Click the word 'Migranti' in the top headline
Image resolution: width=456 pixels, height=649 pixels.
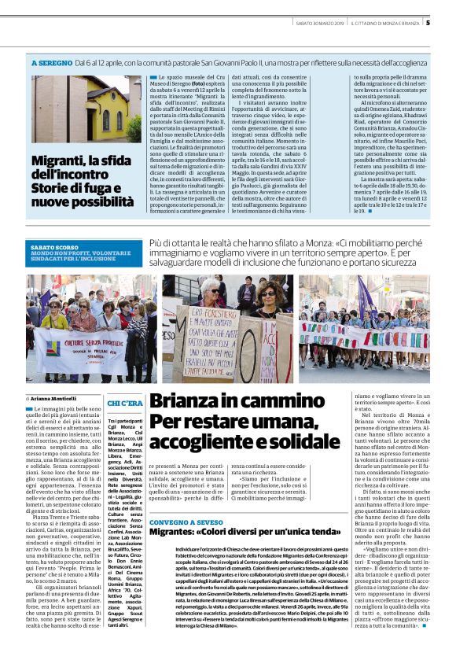pos(59,162)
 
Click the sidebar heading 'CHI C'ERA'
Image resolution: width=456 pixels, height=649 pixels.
pos(124,404)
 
